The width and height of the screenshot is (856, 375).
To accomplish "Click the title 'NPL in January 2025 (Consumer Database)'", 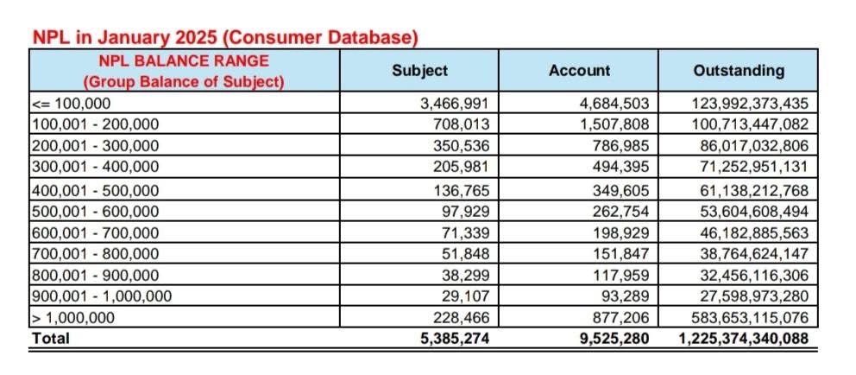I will [x=225, y=38].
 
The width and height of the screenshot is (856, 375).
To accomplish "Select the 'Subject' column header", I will [x=419, y=71].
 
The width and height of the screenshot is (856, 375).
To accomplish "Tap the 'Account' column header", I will [x=579, y=71].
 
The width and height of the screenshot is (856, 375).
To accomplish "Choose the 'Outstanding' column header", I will [x=739, y=71].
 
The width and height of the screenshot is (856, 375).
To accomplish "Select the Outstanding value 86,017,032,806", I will [x=750, y=144].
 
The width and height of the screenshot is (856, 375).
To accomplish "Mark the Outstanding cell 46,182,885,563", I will [x=750, y=232].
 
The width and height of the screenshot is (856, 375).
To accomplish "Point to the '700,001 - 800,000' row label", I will [x=95, y=254].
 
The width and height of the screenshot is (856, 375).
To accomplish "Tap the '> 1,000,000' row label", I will [x=72, y=317].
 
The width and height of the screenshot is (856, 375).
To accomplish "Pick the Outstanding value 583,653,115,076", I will [x=746, y=317].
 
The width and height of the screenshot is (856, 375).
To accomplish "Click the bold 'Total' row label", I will [x=51, y=338].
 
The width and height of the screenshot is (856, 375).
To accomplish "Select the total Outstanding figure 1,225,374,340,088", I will [x=740, y=338].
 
